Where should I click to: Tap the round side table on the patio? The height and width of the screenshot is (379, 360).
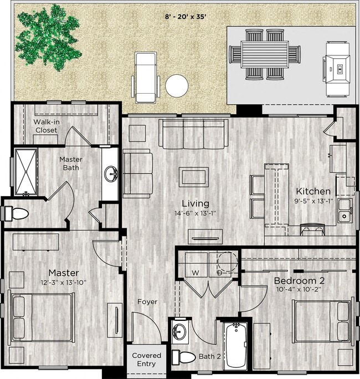[x=177, y=86]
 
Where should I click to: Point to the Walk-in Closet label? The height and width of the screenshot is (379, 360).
[x=47, y=126]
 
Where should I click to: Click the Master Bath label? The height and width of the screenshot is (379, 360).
[x=71, y=163]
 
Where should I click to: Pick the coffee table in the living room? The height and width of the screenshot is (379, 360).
[x=193, y=177]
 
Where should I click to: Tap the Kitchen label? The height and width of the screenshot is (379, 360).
[x=313, y=191]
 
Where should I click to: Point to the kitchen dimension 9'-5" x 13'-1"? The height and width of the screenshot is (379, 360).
[x=313, y=201]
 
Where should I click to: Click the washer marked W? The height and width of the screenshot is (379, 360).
[x=195, y=272]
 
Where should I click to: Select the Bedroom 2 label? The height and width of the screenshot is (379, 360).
[x=300, y=281]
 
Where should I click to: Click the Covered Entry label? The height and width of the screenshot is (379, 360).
[x=147, y=360]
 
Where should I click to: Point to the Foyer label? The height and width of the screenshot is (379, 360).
[x=147, y=302]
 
